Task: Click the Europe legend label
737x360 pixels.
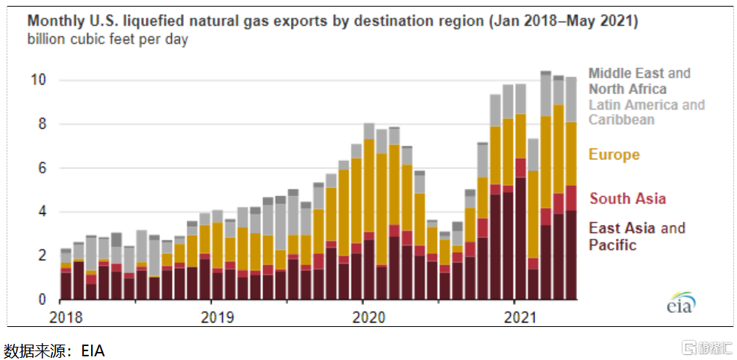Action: [x=614, y=155]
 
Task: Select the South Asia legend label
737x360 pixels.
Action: [x=628, y=198]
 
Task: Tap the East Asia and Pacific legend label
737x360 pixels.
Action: [x=636, y=236]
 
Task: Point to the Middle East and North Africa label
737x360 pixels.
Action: [x=639, y=81]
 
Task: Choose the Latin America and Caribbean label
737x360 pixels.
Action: [x=646, y=112]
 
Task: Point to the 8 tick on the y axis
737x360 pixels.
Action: [x=42, y=124]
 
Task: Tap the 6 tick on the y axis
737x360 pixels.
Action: [x=42, y=168]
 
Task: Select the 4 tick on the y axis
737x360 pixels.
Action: [x=42, y=212]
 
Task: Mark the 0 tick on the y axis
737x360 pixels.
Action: [x=42, y=300]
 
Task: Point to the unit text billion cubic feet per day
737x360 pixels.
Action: [x=107, y=39]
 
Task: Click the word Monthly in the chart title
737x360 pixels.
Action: [x=56, y=21]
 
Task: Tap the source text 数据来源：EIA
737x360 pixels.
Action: [x=54, y=350]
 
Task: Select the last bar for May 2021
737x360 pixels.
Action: [x=571, y=189]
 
